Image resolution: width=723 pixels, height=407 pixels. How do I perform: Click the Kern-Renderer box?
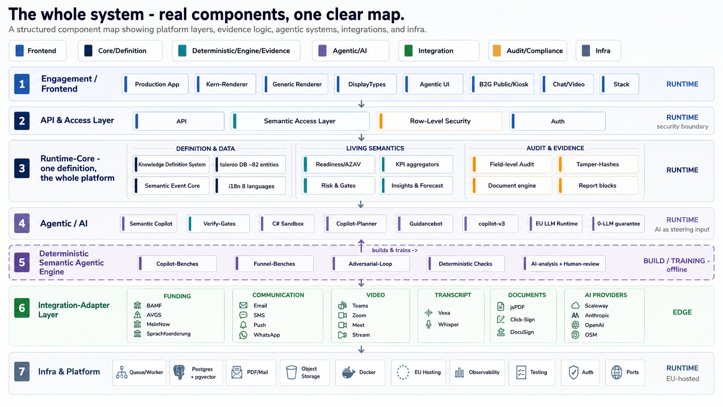[x=225, y=84]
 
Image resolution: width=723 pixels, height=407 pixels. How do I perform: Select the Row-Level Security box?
[x=440, y=121]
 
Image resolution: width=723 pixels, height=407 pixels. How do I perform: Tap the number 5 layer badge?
[x=22, y=262]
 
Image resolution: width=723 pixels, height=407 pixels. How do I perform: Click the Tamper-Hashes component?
[x=598, y=164]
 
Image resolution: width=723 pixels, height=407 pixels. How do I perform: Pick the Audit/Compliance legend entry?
[x=528, y=51]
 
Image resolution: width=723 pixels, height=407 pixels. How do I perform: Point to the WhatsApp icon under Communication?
[x=243, y=335]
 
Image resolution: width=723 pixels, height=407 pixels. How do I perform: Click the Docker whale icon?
[x=349, y=372]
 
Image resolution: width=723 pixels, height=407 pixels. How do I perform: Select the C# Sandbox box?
[x=287, y=224]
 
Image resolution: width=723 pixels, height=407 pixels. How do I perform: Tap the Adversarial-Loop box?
[x=371, y=264]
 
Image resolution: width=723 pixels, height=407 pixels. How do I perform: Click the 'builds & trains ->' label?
[x=395, y=250]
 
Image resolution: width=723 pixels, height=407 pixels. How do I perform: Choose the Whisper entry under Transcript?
[x=442, y=324]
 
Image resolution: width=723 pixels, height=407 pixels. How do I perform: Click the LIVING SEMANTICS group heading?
[x=375, y=148]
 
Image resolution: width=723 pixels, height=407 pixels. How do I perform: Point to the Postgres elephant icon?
[x=179, y=372]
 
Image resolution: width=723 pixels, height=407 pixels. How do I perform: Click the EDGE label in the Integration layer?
[x=682, y=312]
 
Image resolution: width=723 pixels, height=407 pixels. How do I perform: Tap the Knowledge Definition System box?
[x=171, y=164]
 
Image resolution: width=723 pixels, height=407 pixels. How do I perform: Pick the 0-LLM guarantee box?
[x=618, y=224]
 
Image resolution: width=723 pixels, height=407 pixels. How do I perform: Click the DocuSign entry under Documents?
[x=515, y=332]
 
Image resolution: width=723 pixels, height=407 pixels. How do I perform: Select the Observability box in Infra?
[x=477, y=372]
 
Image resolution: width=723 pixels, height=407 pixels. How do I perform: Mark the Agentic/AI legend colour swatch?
[x=323, y=51]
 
